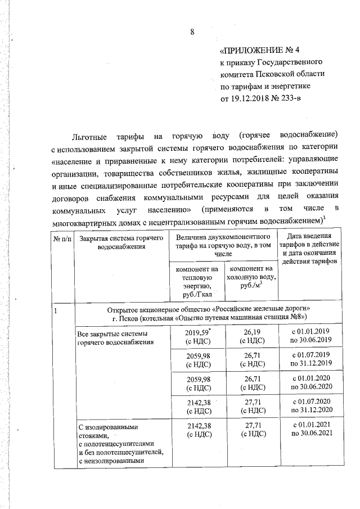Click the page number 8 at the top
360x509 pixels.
(192, 31)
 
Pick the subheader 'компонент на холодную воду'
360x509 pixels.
(251, 278)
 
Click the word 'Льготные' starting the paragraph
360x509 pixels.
(91, 137)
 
